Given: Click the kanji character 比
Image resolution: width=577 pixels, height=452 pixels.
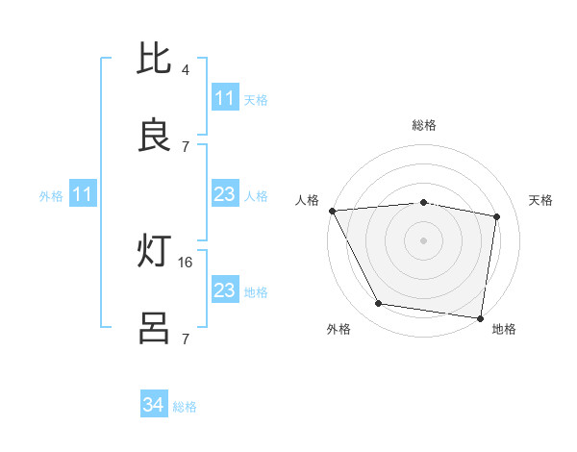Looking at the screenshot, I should click(155, 59).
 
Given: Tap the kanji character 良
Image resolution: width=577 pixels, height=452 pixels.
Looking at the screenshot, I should click(155, 136).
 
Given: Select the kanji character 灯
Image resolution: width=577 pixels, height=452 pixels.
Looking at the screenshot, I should click(155, 252).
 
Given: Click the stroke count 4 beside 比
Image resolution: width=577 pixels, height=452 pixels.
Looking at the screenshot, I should click(186, 69).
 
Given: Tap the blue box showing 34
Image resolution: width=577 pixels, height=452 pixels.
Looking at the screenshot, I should click(154, 406).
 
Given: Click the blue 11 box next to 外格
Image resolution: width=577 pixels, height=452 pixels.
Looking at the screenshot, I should click(83, 195).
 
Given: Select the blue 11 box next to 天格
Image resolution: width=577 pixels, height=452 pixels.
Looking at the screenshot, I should click(225, 98).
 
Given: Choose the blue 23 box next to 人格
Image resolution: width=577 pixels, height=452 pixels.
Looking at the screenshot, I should click(225, 195).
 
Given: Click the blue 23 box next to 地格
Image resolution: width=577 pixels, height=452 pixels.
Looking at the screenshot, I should click(225, 290).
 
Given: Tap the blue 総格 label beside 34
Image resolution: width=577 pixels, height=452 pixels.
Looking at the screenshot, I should click(185, 407).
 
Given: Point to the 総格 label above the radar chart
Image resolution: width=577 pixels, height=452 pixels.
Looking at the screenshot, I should click(424, 125).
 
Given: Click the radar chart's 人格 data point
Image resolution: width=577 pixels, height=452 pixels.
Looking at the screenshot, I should click(332, 211).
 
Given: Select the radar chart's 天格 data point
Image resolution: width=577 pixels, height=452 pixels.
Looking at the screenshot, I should click(496, 216).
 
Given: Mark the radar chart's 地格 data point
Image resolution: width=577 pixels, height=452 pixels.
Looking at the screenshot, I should click(480, 317).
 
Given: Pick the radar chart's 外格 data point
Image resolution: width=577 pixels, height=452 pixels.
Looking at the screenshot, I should click(379, 304).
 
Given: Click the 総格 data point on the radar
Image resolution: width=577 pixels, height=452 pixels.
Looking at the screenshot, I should click(424, 202).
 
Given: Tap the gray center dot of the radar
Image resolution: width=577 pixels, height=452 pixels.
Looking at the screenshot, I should click(424, 240).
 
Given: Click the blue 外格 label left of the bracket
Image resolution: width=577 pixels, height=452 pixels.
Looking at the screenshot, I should click(51, 196).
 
